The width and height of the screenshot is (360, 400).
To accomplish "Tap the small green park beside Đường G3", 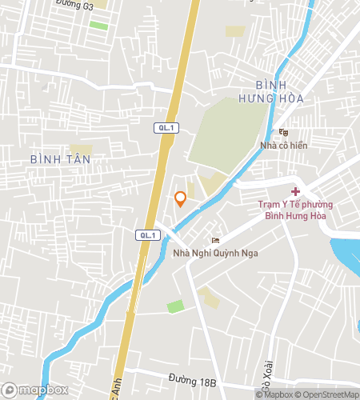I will pyautogui.click(x=98, y=26).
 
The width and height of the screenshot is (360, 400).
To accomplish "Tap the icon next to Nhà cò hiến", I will pyautogui.click(x=282, y=133).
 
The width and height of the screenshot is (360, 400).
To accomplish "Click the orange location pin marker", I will pyautogui.click(x=181, y=198).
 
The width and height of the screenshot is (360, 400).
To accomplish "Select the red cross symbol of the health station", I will pyautogui.click(x=295, y=191).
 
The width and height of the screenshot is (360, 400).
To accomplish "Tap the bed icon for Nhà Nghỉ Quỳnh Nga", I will pyautogui.click(x=214, y=241).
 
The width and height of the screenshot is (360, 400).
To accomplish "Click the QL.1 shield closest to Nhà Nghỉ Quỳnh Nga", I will pyautogui.click(x=149, y=234).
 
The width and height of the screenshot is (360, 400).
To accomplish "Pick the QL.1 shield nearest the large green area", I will pyautogui.click(x=165, y=127).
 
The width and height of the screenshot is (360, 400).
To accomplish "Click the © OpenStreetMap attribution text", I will pyautogui.click(x=326, y=394).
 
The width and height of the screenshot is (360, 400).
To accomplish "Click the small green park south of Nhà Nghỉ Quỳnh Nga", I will pyautogui.click(x=175, y=306).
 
